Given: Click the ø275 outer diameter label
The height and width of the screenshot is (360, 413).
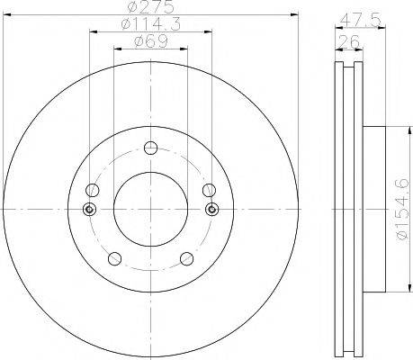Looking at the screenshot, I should pyautogui.click(x=150, y=9).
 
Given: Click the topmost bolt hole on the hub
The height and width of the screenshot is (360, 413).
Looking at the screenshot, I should pyautogui.click(x=150, y=149).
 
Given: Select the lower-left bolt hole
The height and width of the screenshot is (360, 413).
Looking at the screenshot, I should pyautogui.click(x=113, y=259).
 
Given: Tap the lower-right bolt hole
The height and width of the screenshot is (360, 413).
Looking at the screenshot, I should pyautogui.click(x=186, y=259).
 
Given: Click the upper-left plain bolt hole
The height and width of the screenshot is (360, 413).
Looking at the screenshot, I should pyautogui.click(x=92, y=190).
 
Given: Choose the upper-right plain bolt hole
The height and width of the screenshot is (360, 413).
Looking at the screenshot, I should pyautogui.click(x=209, y=190).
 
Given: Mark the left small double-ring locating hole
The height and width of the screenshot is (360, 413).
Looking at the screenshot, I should pyautogui.click(x=88, y=210).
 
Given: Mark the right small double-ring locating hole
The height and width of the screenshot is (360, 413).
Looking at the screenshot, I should pyautogui.click(x=212, y=210).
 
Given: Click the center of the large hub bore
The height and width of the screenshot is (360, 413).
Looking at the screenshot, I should pyautogui.click(x=150, y=210).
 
